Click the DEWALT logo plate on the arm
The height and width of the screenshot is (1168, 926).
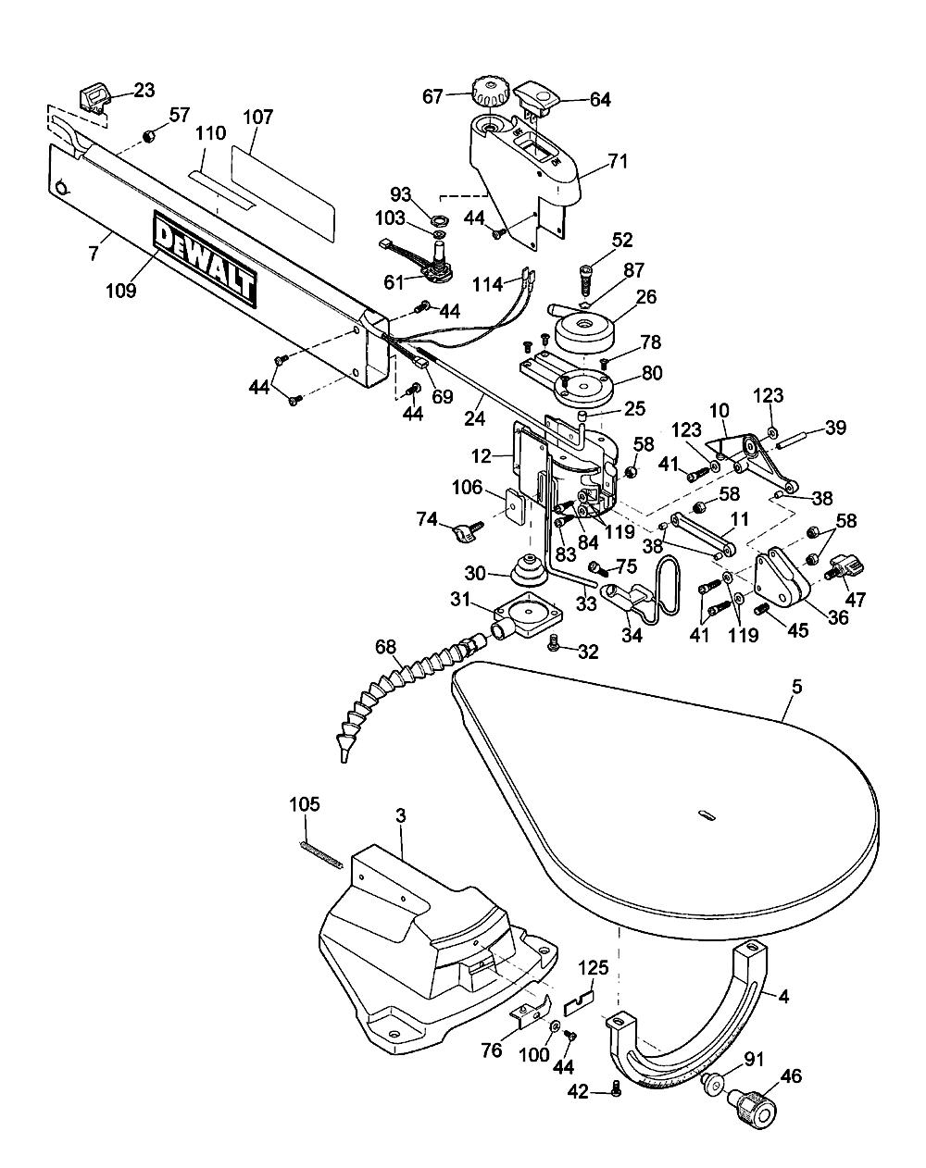pyautogui.click(x=204, y=259)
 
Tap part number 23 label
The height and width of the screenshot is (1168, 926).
pyautogui.click(x=144, y=91)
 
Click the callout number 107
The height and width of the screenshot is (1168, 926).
pyautogui.click(x=258, y=118)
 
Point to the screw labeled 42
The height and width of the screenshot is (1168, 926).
pyautogui.click(x=617, y=1093)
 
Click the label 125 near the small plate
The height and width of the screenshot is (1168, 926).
pyautogui.click(x=594, y=969)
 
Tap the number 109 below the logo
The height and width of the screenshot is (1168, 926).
pyautogui.click(x=121, y=289)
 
